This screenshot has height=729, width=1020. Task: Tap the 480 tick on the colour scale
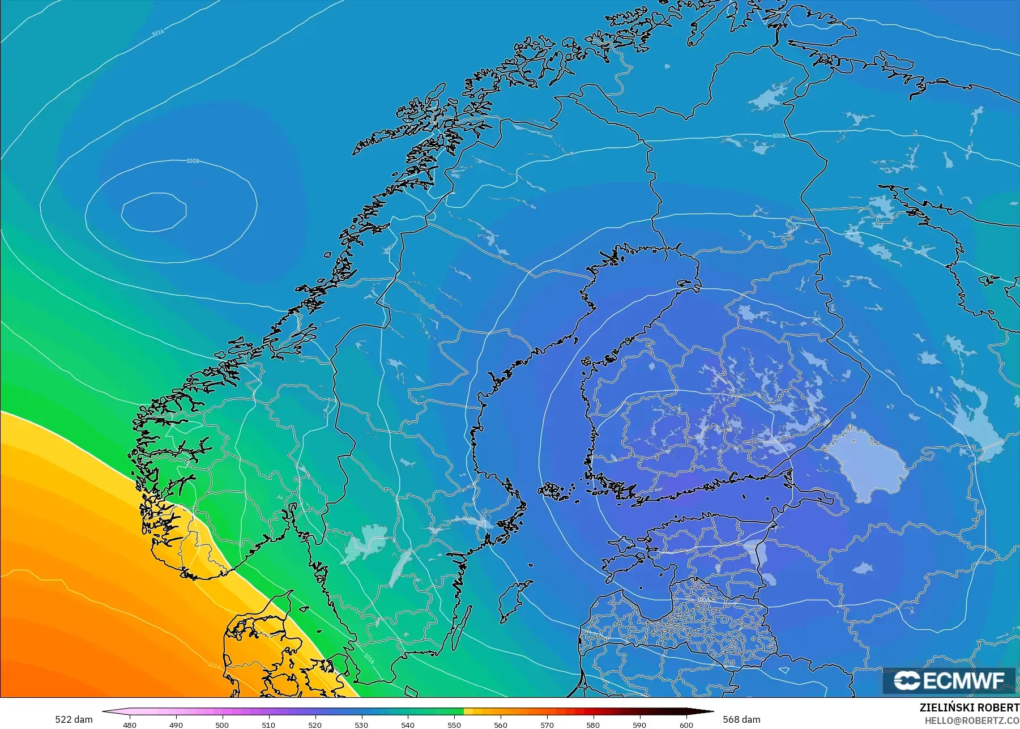[130, 724]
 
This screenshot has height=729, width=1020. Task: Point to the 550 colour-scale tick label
[454, 724]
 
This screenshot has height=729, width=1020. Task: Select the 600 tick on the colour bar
[686, 724]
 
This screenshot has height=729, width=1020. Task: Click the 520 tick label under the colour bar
[315, 724]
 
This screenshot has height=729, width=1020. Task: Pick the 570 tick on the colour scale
[547, 724]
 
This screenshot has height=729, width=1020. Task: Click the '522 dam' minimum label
[74, 719]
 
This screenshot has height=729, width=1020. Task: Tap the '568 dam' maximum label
[741, 719]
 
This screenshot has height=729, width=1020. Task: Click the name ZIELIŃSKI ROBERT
[969, 708]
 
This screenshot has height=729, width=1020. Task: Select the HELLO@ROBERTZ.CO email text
[972, 721]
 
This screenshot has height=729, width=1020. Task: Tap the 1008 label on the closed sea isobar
[193, 161]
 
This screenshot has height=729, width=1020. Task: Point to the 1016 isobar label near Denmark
[369, 658]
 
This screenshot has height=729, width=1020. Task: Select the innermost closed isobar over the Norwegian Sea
[153, 212]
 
